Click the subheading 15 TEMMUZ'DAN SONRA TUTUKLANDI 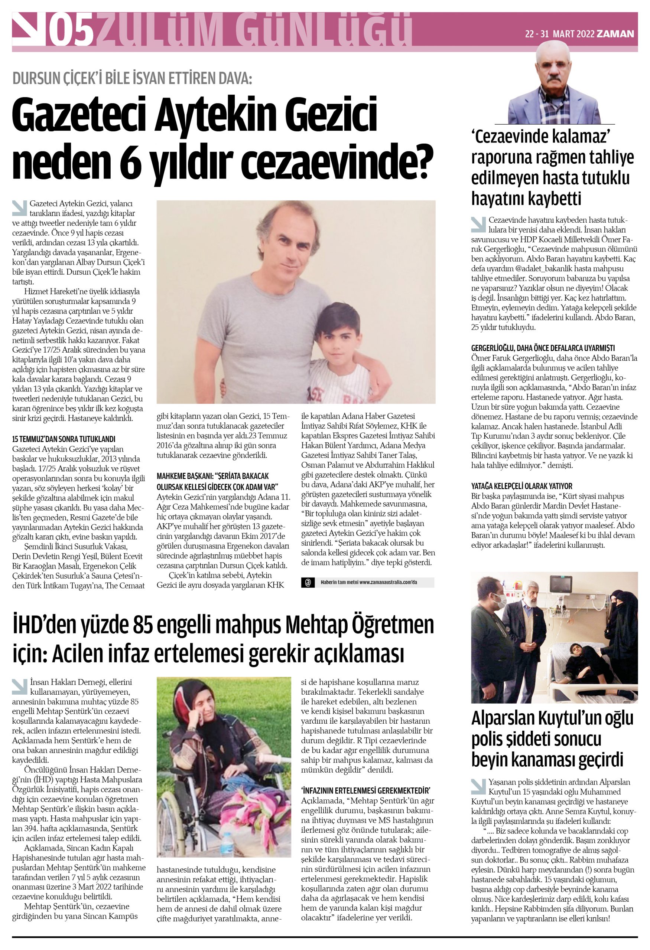click(x=64, y=439)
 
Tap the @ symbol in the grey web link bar click(x=308, y=582)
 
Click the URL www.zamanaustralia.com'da click(x=388, y=582)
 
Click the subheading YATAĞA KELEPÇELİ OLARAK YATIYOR click(x=521, y=486)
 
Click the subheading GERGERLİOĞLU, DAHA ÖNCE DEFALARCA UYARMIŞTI click(x=543, y=348)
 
